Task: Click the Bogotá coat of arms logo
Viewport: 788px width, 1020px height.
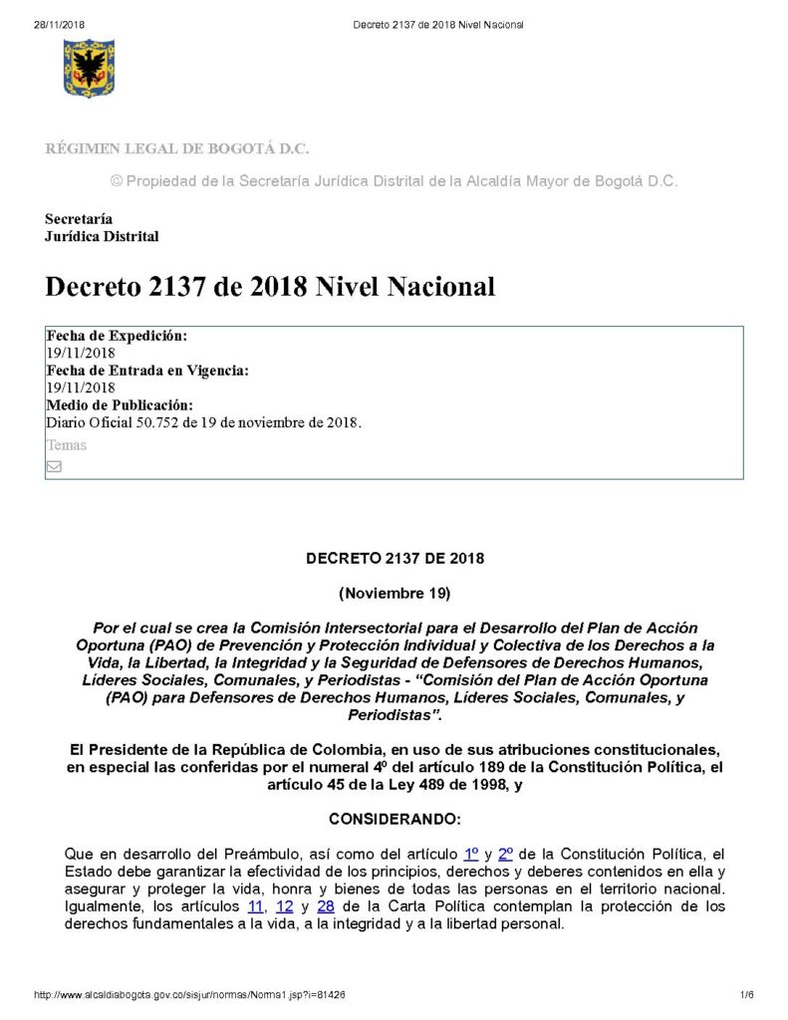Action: pos(89,68)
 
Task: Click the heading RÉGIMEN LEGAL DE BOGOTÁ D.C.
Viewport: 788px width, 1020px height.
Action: pos(176,149)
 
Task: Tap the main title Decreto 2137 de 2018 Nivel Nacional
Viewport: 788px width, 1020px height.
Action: pos(270,287)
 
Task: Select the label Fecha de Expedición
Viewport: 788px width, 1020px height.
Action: pos(117,337)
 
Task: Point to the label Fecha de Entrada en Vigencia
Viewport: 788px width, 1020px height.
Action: pos(147,371)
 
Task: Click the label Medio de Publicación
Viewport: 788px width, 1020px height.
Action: pos(120,404)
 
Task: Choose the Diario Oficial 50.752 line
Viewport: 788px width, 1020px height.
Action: pos(204,421)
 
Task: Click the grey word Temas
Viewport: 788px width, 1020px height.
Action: pos(66,445)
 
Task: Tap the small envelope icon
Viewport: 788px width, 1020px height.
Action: pos(54,466)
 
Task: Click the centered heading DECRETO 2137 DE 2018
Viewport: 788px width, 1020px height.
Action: pos(394,559)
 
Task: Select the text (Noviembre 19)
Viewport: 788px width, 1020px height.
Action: pos(394,594)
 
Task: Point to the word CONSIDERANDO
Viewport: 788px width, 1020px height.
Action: pos(394,819)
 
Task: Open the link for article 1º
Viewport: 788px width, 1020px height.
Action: pos(472,854)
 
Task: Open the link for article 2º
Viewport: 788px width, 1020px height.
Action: pos(505,854)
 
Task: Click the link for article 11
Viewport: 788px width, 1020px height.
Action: pos(256,906)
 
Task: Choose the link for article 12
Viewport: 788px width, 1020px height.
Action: pos(284,906)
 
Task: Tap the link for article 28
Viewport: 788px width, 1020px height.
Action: pos(325,906)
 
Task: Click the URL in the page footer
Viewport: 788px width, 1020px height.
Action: pos(189,995)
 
